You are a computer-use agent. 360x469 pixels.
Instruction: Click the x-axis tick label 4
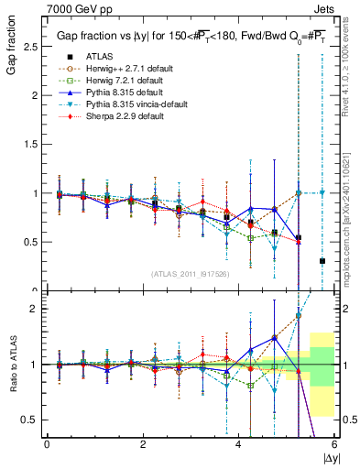pos(238,444)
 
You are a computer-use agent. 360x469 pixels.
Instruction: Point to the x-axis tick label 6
pos(334,444)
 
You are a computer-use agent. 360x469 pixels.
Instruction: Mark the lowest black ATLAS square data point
pos(322,261)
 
